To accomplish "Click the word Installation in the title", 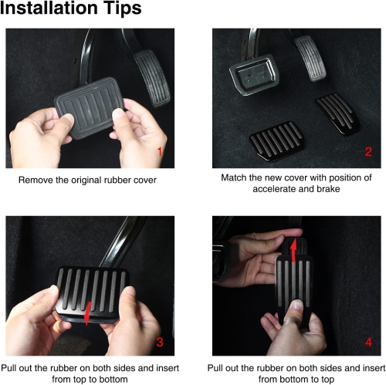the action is [49, 8].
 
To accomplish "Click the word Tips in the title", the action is [123, 9].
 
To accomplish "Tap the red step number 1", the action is [160, 152].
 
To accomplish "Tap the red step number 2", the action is [368, 152].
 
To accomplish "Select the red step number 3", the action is [160, 342].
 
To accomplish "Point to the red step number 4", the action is [368, 342].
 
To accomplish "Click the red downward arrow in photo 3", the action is [87, 314].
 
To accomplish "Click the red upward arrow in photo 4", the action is [294, 250].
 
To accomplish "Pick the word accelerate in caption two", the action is [274, 189].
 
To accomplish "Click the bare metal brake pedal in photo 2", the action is [253, 75].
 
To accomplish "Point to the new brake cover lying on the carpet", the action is [276, 141].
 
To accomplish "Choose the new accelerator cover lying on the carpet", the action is [337, 113].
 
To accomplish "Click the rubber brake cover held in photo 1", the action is [90, 107].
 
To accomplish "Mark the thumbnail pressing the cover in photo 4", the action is [298, 306].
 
